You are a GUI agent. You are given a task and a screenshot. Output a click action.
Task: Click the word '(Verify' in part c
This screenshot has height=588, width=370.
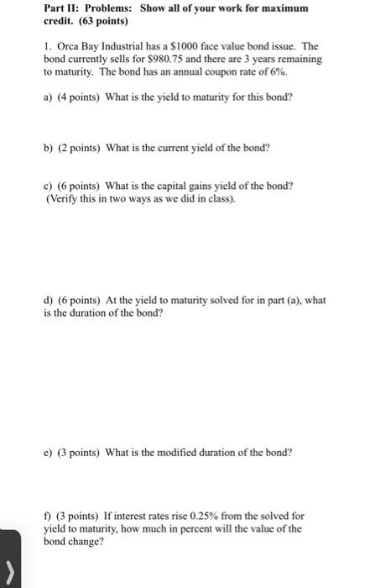[62, 198]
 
